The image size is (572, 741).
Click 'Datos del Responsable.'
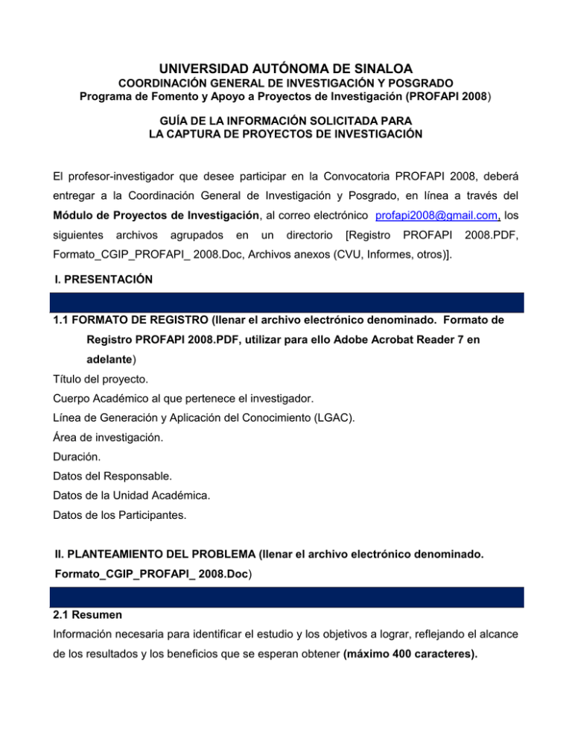(116, 494)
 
